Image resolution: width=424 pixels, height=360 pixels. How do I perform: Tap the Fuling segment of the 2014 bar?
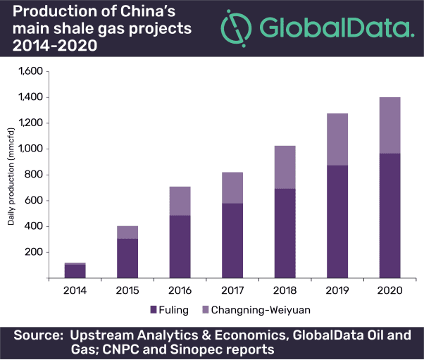(x=75, y=271)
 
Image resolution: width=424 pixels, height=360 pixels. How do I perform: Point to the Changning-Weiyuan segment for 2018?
(x=285, y=167)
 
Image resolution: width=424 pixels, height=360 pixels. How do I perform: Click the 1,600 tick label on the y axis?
(x=31, y=71)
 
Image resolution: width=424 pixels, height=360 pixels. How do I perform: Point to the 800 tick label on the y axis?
(x=35, y=175)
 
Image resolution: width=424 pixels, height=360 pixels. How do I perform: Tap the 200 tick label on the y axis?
(x=35, y=252)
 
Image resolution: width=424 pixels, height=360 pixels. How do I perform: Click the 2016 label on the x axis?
(x=180, y=289)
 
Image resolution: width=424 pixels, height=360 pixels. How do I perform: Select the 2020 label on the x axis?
(x=390, y=289)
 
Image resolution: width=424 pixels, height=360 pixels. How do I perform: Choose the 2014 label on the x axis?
(x=75, y=289)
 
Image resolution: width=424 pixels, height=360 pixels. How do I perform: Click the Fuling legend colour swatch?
(x=152, y=309)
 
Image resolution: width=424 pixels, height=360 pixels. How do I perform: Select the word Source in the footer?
(x=37, y=333)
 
